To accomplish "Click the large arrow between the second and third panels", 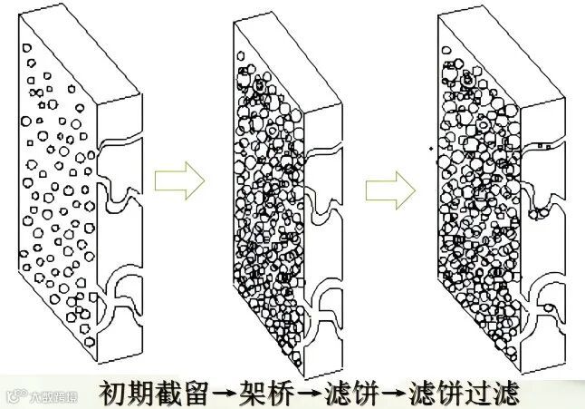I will coord(390,189).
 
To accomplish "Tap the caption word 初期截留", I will coord(154,393).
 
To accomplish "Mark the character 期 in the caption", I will coord(140,393).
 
